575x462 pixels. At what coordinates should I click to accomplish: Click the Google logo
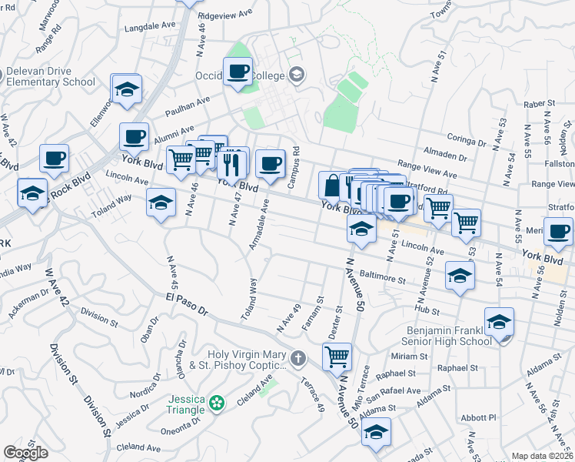pos(26,453)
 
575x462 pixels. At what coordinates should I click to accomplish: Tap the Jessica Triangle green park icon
pos(218,402)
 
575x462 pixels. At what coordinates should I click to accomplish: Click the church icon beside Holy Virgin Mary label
pos(298,359)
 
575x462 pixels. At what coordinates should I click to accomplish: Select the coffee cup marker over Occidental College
pos(238,72)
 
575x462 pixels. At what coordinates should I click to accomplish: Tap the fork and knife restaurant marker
pos(231,162)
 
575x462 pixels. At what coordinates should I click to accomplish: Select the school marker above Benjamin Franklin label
pos(499,323)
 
